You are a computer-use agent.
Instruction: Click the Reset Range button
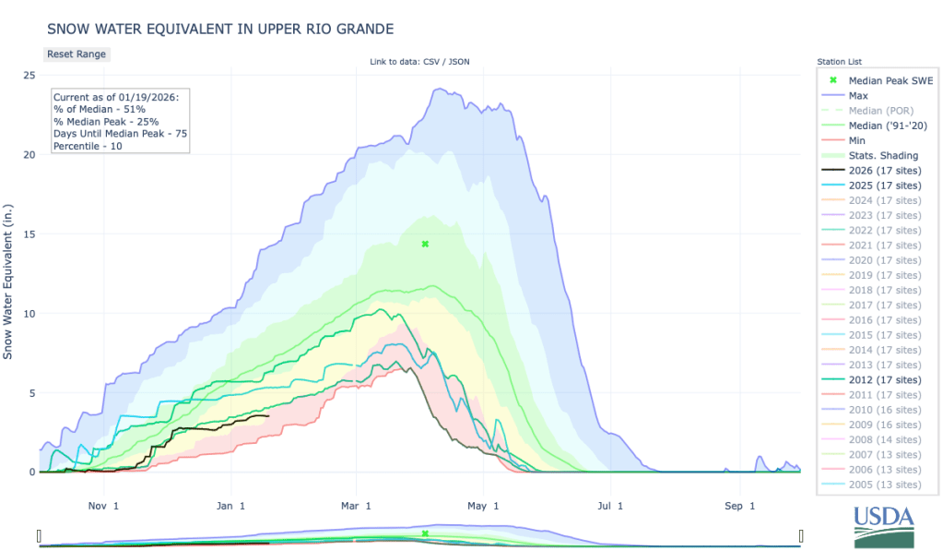[77, 54]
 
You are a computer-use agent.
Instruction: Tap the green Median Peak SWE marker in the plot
[425, 244]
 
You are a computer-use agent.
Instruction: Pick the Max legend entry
[858, 95]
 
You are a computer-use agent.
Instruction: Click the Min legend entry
[857, 140]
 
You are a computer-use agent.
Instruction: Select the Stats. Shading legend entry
[883, 155]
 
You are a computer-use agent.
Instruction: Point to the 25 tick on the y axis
[29, 76]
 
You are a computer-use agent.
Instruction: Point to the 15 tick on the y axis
[29, 234]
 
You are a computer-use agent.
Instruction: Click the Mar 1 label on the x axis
[355, 506]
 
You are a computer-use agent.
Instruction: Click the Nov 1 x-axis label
[103, 506]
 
